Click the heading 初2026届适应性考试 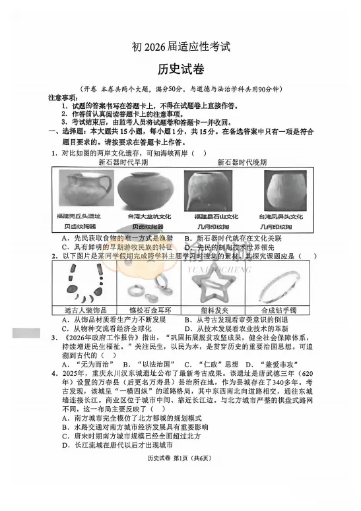180,47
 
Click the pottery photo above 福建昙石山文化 211,189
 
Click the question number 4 54,373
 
